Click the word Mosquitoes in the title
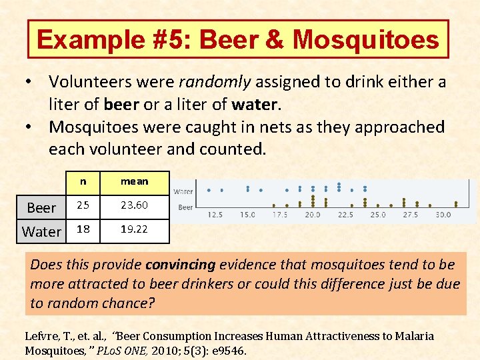(x=366, y=40)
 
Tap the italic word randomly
(x=214, y=82)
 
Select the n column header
(x=83, y=181)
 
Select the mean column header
(x=135, y=181)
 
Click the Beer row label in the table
(x=41, y=208)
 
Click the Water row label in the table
(x=41, y=231)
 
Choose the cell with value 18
(x=83, y=229)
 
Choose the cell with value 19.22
(x=135, y=229)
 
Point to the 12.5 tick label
(x=215, y=215)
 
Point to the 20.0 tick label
(x=312, y=215)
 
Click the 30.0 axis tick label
(x=443, y=215)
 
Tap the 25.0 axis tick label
(x=378, y=215)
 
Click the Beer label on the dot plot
(x=185, y=207)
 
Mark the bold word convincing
(x=181, y=265)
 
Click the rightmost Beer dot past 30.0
(x=456, y=203)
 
